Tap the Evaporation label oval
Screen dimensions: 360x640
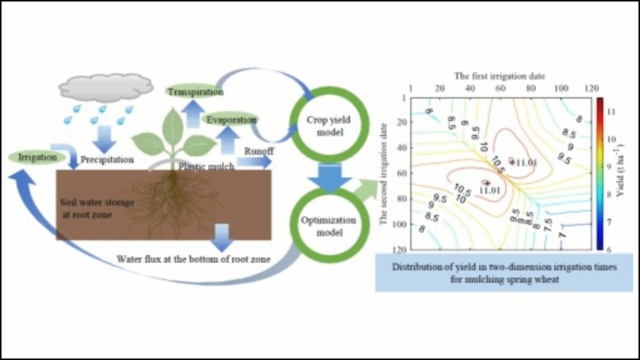click(232, 118)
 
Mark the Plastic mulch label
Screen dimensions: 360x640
click(207, 166)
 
